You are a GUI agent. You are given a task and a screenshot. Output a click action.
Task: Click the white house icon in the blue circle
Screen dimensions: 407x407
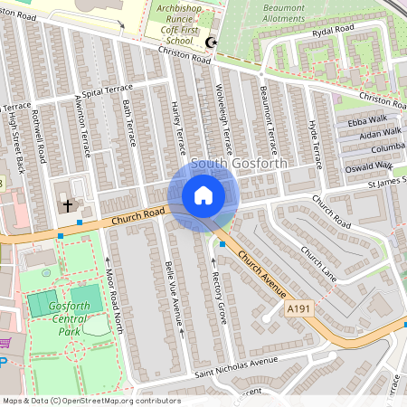[x=203, y=195]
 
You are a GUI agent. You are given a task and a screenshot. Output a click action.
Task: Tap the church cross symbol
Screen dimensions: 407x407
[x=68, y=205]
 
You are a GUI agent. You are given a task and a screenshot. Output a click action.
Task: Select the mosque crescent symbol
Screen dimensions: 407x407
[x=213, y=43]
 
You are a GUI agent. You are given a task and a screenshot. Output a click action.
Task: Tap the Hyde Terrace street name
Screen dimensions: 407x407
[x=316, y=142]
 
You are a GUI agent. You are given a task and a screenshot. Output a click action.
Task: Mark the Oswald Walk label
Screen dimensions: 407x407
[x=371, y=166]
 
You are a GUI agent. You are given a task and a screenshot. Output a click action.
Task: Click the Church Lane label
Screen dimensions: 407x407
[x=319, y=264]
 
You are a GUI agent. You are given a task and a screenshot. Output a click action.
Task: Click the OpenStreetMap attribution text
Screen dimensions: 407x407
[x=91, y=401]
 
